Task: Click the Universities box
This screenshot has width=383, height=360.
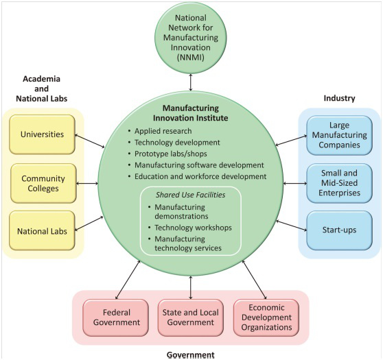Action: (x=42, y=134)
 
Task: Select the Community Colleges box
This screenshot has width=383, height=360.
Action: (x=43, y=183)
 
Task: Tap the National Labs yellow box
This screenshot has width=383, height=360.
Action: (x=42, y=230)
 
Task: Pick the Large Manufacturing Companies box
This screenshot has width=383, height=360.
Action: (x=339, y=135)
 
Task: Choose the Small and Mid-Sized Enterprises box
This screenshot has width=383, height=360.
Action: (x=339, y=183)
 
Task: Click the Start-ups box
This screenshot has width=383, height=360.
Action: (x=339, y=230)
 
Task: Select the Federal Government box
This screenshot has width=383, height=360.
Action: (x=116, y=317)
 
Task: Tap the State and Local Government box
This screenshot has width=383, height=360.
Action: (x=191, y=317)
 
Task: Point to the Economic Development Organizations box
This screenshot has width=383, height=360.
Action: (x=266, y=317)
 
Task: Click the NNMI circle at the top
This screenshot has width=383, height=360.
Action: (x=191, y=38)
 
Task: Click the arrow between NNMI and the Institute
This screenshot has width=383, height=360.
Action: (x=191, y=82)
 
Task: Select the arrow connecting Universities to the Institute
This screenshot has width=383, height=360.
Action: (x=89, y=141)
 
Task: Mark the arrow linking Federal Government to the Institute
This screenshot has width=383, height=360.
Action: (x=128, y=280)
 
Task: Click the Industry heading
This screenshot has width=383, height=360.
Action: (x=339, y=98)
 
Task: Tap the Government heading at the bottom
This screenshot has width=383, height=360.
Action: (x=191, y=355)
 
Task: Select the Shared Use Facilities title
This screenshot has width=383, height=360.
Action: (x=191, y=195)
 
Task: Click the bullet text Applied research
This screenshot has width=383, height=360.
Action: (x=163, y=131)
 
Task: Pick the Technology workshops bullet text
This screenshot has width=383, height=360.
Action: (x=193, y=228)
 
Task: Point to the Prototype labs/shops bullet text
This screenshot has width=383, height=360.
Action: (x=171, y=154)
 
